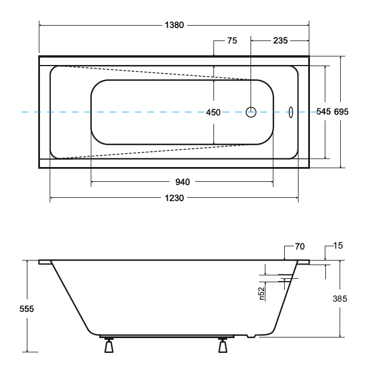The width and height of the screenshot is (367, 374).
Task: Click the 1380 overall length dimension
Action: click(175, 26)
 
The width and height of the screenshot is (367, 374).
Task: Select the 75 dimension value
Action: click(232, 41)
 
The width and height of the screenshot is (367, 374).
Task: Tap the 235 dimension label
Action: click(280, 41)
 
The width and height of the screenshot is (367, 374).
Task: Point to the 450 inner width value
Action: click(213, 112)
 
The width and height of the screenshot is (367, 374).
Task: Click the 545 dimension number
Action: click(324, 112)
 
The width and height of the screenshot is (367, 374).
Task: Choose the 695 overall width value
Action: click(341, 112)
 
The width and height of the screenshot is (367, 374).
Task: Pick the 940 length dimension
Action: click(182, 182)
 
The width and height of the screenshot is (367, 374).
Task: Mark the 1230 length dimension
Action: click(175, 198)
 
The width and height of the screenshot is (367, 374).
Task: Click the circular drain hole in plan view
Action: click(251, 112)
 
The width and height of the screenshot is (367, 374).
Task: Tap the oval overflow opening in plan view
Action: click(290, 112)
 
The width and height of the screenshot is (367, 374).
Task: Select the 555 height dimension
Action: click(26, 308)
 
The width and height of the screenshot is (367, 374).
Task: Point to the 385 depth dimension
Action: click(340, 298)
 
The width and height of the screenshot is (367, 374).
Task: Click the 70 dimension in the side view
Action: click(300, 246)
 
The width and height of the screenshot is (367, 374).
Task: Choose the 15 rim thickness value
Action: click(338, 246)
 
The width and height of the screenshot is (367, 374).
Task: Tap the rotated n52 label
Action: click(261, 293)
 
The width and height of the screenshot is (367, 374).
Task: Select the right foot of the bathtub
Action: click(223, 345)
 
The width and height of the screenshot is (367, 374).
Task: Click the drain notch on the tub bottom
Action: click(251, 336)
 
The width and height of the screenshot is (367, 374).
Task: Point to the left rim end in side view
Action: click(45, 262)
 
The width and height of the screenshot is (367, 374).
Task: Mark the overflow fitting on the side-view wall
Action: click(288, 278)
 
